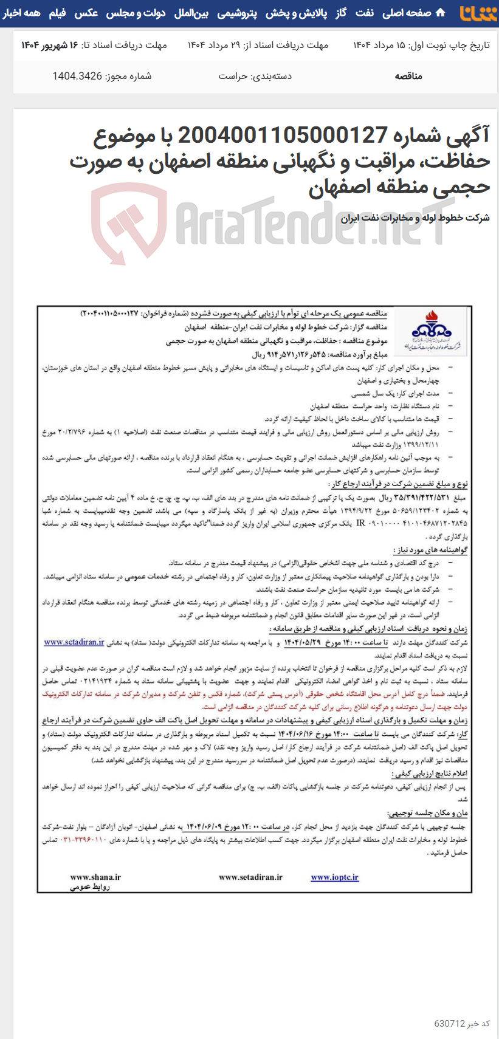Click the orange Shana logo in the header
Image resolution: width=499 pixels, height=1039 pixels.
click(x=478, y=13)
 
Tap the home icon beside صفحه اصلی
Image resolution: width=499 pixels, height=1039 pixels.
click(x=441, y=13)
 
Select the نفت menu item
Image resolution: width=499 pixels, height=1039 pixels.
click(x=365, y=13)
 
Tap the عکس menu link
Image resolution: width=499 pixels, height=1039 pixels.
click(x=86, y=13)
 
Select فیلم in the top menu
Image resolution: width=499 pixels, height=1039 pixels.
click(x=57, y=13)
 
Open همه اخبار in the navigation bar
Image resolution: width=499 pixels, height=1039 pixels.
click(x=22, y=13)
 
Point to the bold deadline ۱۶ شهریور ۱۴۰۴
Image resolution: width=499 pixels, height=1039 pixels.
click(x=50, y=46)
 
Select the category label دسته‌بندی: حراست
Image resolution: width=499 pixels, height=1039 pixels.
click(x=255, y=76)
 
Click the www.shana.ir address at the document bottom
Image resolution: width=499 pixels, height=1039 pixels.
click(x=95, y=877)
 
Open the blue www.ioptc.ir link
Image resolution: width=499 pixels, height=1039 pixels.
click(x=334, y=877)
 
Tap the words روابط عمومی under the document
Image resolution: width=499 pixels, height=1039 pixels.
click(x=90, y=886)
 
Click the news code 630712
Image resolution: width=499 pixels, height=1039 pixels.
click(x=450, y=1024)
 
